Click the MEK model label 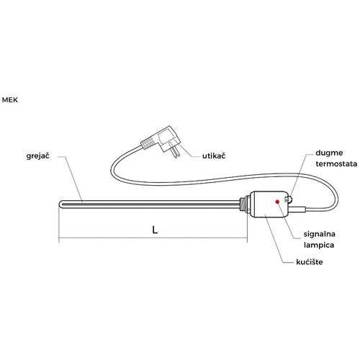(x=10, y=100)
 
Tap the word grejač (x=38, y=156)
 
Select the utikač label (x=214, y=156)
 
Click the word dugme (x=329, y=153)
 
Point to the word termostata (x=336, y=164)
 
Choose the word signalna (x=320, y=234)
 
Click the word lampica (x=319, y=245)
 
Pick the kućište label (x=310, y=262)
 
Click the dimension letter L (x=155, y=230)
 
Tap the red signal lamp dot (x=277, y=202)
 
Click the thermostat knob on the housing (x=289, y=199)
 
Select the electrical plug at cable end (x=161, y=142)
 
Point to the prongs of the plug (x=175, y=150)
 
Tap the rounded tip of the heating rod (x=60, y=204)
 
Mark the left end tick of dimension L (x=59, y=238)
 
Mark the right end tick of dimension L (x=247, y=238)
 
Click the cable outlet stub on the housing (x=297, y=209)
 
